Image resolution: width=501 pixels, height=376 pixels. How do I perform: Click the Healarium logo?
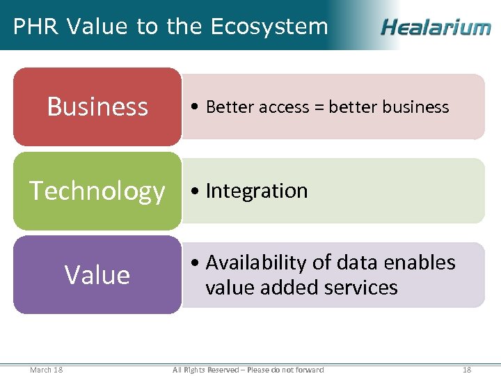tap(436, 27)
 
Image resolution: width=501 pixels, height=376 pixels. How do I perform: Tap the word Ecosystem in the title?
tap(269, 26)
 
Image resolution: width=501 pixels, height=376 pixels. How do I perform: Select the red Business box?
tap(97, 107)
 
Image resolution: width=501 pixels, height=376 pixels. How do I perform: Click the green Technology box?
tap(97, 191)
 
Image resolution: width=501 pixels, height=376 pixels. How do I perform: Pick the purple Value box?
tap(97, 275)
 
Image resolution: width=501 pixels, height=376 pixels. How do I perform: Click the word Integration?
tap(257, 191)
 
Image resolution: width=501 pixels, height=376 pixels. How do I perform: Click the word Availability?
tap(255, 263)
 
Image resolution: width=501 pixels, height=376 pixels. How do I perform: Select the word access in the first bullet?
tap(285, 107)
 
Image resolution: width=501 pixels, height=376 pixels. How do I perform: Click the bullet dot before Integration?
tap(198, 191)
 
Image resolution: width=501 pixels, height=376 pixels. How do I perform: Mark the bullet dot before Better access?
tap(198, 107)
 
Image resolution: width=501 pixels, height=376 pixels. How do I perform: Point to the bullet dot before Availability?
tap(198, 263)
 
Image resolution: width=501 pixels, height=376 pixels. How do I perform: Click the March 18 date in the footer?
tap(46, 369)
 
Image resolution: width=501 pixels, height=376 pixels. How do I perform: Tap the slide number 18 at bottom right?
tap(467, 369)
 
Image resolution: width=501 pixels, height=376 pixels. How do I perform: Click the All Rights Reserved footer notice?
tap(248, 369)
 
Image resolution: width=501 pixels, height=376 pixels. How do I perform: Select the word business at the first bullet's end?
tap(415, 107)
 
